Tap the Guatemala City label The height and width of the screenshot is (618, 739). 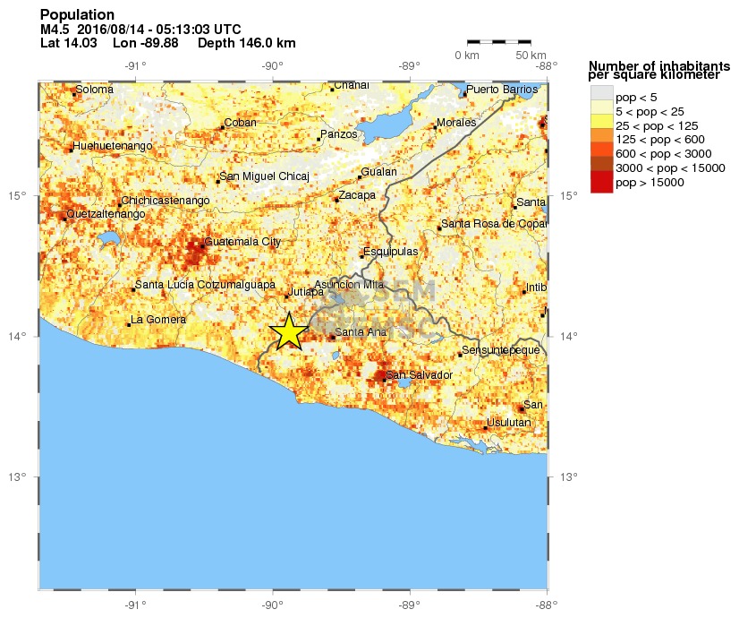coord(242,242)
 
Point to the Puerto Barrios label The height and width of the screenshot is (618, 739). coord(502,90)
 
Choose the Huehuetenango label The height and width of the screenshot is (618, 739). coord(114,145)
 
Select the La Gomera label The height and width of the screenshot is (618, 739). coord(158,320)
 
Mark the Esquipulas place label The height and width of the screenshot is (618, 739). coord(392,252)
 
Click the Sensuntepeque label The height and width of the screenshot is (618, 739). coord(501,349)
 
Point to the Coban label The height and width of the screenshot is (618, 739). coord(240,123)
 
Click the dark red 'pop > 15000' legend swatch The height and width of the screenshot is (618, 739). coord(601,182)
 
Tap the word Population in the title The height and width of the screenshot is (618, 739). coord(77,14)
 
